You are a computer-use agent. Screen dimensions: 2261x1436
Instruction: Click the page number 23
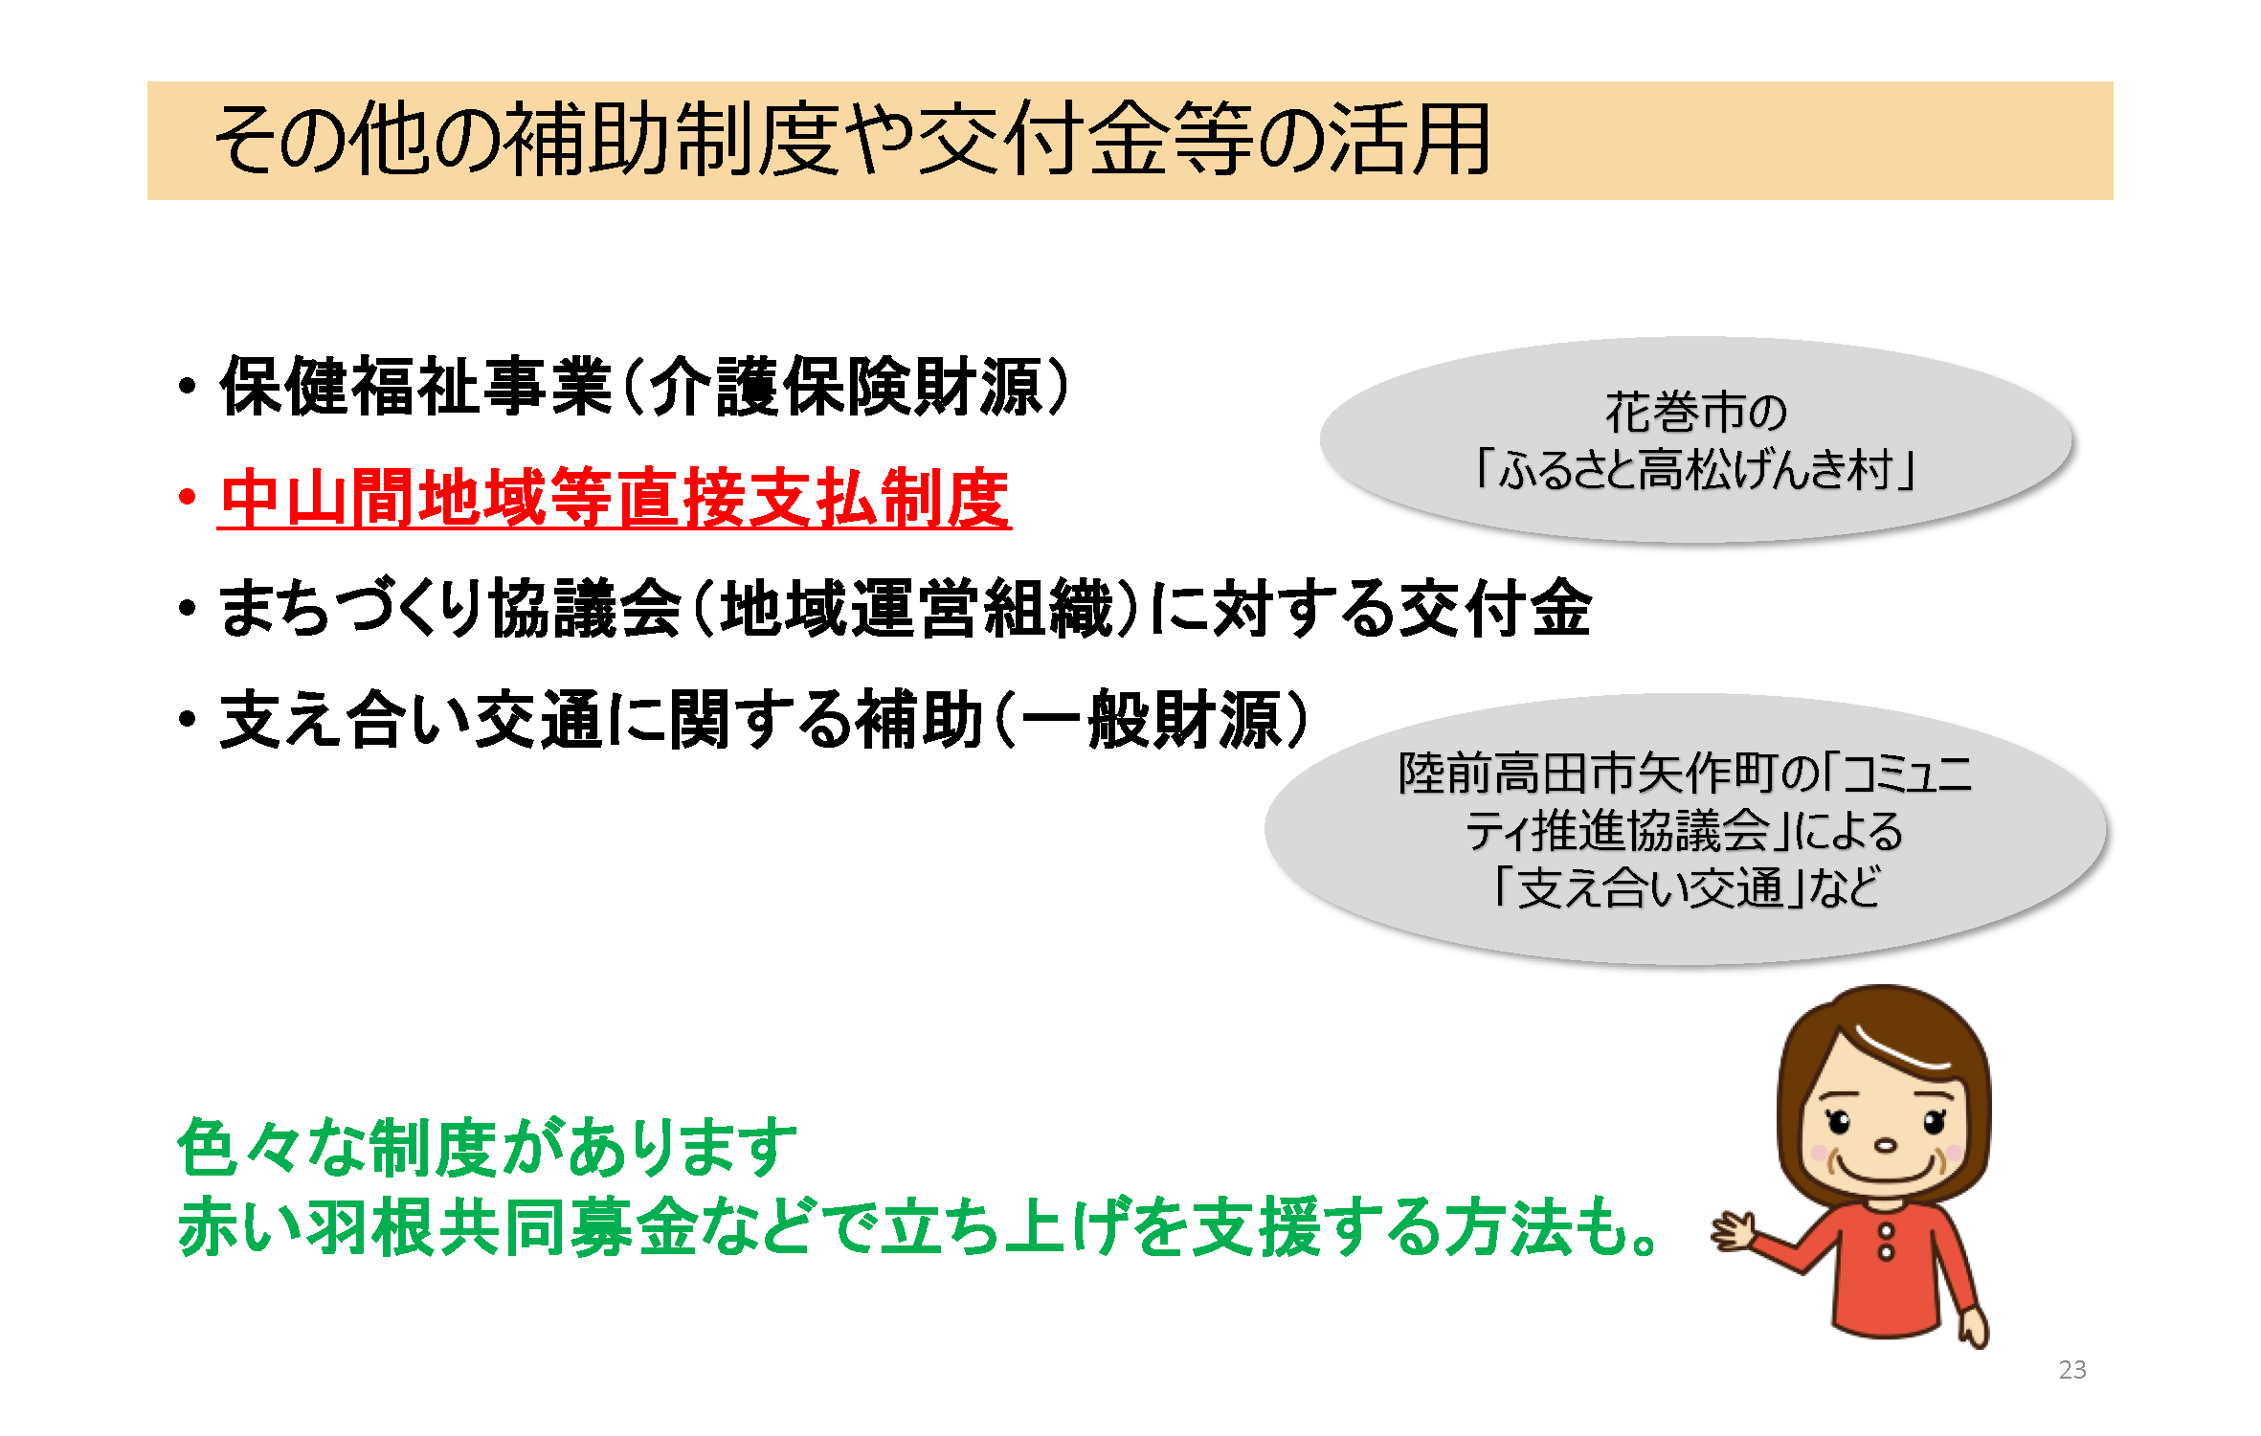click(2072, 1370)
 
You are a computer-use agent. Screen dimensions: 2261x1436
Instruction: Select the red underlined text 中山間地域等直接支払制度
click(615, 499)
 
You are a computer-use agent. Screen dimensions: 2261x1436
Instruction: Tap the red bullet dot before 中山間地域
click(187, 498)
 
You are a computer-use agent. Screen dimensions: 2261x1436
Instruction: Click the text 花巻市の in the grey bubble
click(1695, 413)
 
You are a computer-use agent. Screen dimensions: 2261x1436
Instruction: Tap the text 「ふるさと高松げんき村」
click(1694, 470)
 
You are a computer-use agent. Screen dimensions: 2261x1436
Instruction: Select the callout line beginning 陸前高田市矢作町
click(1686, 774)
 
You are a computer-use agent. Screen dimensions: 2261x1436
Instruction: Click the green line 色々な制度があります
click(487, 1147)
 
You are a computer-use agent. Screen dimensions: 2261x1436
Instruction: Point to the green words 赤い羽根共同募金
click(437, 1226)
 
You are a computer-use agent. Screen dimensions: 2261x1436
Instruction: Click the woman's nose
click(1885, 1145)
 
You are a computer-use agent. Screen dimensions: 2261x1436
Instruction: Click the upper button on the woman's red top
click(1886, 1231)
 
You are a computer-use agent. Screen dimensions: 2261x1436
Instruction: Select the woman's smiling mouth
click(1884, 1169)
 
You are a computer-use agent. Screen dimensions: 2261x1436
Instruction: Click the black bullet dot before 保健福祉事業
click(187, 387)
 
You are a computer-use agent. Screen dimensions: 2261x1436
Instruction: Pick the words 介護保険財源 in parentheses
click(846, 387)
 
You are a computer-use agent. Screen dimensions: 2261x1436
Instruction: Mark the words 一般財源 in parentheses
click(1152, 719)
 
